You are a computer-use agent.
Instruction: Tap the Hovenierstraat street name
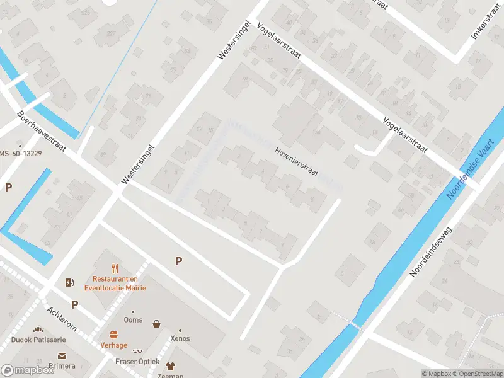tap(297, 162)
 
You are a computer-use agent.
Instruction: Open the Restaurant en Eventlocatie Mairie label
tap(119, 283)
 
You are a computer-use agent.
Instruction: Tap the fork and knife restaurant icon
tap(115, 268)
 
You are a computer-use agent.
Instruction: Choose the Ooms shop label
tap(133, 320)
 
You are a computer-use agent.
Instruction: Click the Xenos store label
tap(180, 338)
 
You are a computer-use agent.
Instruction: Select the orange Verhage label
tap(114, 345)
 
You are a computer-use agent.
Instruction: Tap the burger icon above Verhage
tap(114, 335)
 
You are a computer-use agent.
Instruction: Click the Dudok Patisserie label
tap(38, 340)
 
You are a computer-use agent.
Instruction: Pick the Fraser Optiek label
tap(137, 361)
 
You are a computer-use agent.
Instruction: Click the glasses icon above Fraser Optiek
tap(137, 351)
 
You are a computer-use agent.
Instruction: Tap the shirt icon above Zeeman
tap(170, 365)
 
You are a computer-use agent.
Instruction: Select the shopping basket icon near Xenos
tap(156, 324)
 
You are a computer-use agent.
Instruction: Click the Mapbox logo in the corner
tap(28, 370)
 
